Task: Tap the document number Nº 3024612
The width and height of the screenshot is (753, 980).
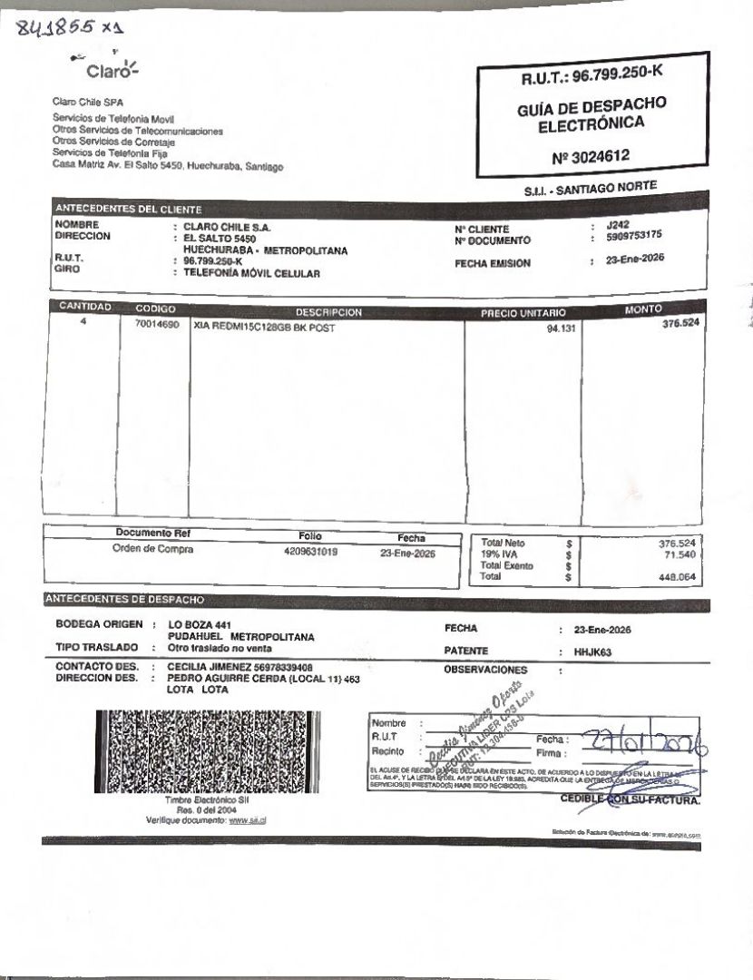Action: [590, 157]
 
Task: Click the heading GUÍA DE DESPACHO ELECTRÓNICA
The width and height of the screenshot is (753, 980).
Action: [592, 113]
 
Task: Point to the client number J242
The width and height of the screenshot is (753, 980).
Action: [618, 224]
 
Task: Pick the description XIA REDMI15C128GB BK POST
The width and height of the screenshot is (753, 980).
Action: [264, 328]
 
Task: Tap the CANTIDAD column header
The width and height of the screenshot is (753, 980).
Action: [83, 307]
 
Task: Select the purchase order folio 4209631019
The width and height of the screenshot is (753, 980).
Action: [310, 551]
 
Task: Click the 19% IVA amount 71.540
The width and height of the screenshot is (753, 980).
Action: [679, 554]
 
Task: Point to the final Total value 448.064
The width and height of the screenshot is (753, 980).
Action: [677, 576]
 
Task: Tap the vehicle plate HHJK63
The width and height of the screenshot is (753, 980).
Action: [594, 651]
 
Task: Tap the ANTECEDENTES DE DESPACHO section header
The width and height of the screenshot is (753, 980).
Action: [125, 600]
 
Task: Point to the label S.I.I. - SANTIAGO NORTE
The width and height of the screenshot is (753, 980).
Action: [590, 189]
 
